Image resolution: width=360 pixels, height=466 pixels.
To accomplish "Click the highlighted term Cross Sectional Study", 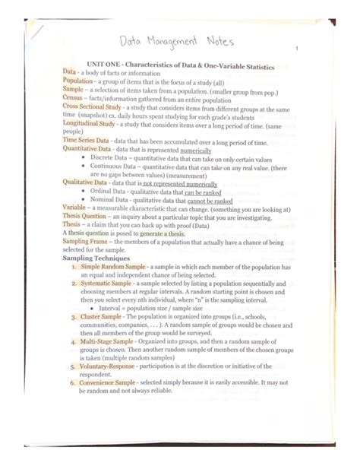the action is click(x=93, y=108).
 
